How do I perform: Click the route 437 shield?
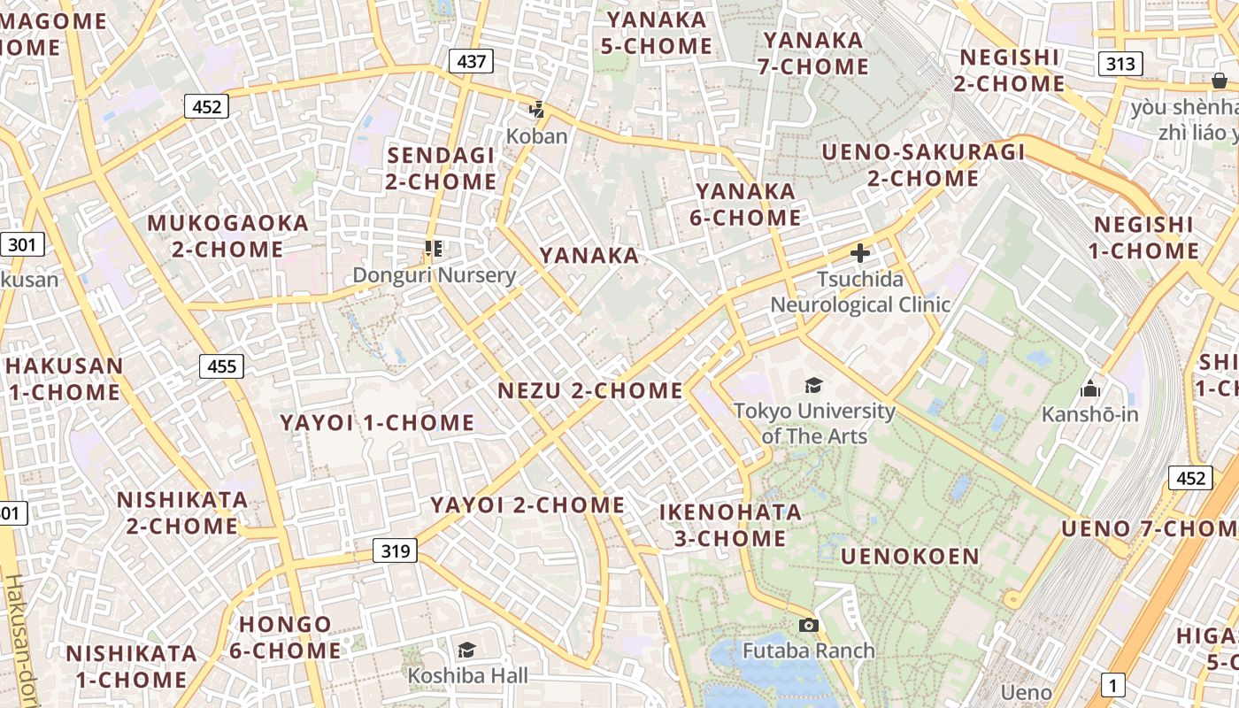[x=471, y=61]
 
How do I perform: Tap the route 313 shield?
[x=1120, y=64]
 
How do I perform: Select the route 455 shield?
[x=221, y=366]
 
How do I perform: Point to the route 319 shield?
[x=395, y=550]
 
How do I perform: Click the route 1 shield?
[x=1113, y=684]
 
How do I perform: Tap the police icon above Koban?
[x=536, y=111]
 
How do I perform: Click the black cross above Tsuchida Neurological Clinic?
[x=859, y=254]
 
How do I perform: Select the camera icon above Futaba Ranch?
[x=808, y=626]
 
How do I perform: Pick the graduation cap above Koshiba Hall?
[x=466, y=650]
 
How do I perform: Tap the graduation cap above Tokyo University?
[x=813, y=385]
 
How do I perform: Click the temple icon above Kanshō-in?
[x=1089, y=389]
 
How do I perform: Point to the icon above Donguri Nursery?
[x=433, y=249]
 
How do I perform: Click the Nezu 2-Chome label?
[x=590, y=390]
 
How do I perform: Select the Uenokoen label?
[x=910, y=557]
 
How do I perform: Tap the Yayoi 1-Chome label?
[x=378, y=422]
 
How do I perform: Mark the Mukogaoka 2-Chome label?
[x=227, y=235]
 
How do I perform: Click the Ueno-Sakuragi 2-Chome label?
[x=923, y=165]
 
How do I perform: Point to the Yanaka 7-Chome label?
[x=813, y=53]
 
